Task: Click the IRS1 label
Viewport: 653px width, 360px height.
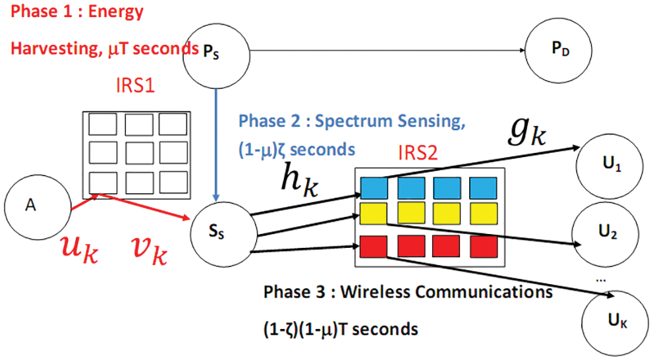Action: pyautogui.click(x=135, y=86)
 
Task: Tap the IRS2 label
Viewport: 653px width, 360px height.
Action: pyautogui.click(x=418, y=153)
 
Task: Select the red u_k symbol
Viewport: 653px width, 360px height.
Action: pyautogui.click(x=79, y=249)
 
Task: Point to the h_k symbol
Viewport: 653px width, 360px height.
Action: pyautogui.click(x=299, y=179)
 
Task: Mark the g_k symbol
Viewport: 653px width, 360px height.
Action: pyautogui.click(x=526, y=132)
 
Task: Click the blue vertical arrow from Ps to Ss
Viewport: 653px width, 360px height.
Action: pyautogui.click(x=215, y=144)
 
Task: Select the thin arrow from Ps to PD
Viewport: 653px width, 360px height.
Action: pyautogui.click(x=387, y=50)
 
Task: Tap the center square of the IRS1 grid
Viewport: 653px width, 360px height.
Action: pyautogui.click(x=138, y=152)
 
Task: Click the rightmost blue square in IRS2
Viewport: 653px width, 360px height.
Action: pyautogui.click(x=483, y=189)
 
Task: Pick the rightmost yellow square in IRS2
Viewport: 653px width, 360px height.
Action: pyautogui.click(x=484, y=214)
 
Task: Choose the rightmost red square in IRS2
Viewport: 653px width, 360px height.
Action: pyautogui.click(x=484, y=246)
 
